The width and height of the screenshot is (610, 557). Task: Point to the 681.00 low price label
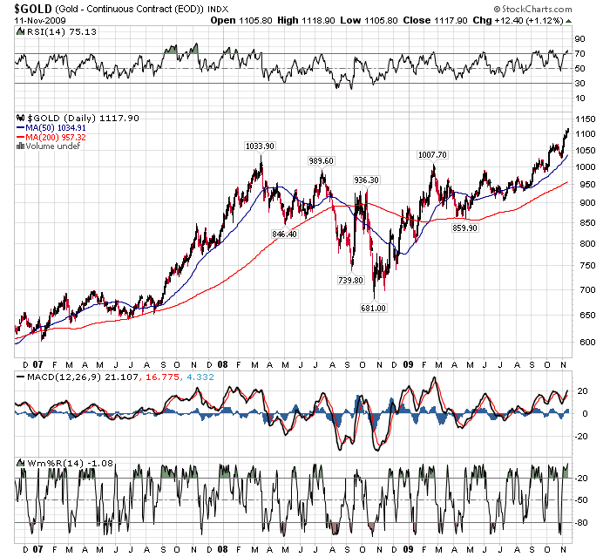[374, 308]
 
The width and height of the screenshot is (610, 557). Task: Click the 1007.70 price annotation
[432, 154]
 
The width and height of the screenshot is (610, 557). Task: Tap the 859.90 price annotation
[464, 228]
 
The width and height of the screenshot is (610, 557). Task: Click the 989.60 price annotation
[322, 160]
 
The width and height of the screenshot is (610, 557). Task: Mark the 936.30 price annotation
[365, 180]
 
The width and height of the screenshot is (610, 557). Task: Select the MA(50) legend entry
[51, 128]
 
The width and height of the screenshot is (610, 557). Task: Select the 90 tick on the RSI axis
[578, 39]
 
